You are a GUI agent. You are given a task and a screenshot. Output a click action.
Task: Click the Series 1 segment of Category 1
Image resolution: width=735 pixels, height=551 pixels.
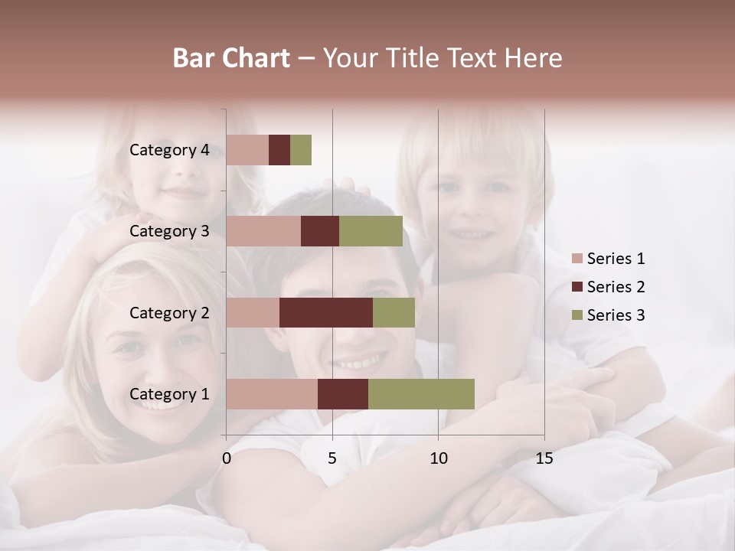tap(272, 394)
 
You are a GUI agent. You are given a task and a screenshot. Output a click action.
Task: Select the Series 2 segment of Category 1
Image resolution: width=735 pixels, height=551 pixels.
tap(343, 394)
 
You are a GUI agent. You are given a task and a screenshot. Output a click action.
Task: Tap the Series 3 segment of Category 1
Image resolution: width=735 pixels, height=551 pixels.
tap(421, 394)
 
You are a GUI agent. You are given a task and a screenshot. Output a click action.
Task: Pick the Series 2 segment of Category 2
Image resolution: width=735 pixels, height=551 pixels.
tap(326, 312)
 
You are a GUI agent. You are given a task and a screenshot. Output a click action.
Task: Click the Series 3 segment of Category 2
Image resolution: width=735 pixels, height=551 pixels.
tap(394, 312)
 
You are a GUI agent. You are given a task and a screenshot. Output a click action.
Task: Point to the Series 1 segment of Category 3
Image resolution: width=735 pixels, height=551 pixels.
tap(263, 231)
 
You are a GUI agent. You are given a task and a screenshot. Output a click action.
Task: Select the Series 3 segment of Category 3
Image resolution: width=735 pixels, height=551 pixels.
tap(371, 231)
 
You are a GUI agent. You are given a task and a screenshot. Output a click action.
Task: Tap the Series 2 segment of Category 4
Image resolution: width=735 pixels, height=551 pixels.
tap(279, 150)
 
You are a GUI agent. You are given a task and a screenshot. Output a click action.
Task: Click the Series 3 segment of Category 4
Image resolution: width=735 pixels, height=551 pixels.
tap(301, 150)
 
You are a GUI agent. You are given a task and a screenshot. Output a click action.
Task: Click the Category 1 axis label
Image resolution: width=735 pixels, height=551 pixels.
tap(169, 394)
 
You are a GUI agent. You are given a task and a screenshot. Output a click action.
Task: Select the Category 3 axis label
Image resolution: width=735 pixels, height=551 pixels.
tap(169, 231)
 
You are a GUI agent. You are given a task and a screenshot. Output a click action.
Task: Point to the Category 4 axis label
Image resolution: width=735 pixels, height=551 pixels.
tap(169, 150)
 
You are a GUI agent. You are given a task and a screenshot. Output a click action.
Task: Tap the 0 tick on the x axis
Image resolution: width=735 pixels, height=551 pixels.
tap(227, 458)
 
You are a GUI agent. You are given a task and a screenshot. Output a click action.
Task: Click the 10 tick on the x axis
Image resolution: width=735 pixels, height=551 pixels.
tap(438, 458)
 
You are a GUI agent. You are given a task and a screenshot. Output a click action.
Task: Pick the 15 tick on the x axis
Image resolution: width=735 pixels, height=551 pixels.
tap(544, 458)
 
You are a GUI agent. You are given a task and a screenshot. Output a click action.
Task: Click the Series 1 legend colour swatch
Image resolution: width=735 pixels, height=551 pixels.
tap(577, 259)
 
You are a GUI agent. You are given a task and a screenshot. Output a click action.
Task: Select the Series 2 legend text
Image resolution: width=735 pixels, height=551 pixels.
tap(616, 287)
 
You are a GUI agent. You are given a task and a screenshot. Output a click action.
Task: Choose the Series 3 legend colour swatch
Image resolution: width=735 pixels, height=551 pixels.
tap(577, 315)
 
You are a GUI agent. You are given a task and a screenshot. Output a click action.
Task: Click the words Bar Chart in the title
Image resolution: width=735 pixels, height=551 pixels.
tap(231, 58)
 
